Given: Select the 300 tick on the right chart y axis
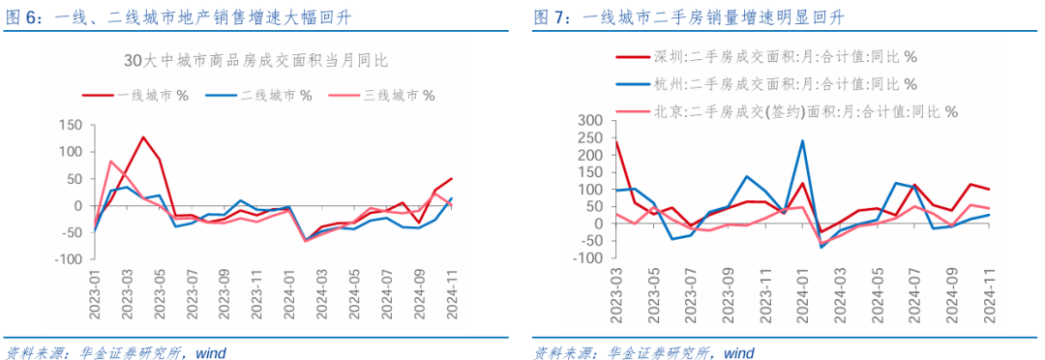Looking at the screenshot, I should (x=589, y=120).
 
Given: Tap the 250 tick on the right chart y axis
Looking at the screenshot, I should (x=589, y=137).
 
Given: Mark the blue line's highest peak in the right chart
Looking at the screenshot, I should (x=802, y=140).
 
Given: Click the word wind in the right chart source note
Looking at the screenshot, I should (x=738, y=351).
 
